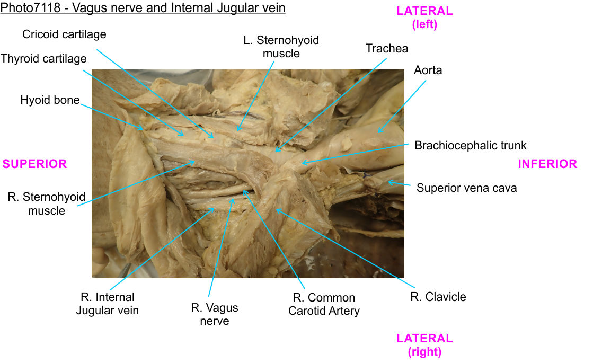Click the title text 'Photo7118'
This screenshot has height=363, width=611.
[x=26, y=8]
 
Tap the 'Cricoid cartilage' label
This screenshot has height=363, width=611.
[x=64, y=34]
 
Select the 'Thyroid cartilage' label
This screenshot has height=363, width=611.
[x=43, y=58]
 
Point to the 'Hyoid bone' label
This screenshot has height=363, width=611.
[x=50, y=100]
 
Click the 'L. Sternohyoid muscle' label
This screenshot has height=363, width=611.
[x=281, y=47]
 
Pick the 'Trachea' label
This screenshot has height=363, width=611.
[x=387, y=49]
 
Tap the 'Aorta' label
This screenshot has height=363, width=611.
[x=428, y=70]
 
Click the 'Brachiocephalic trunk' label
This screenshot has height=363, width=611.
[x=471, y=145]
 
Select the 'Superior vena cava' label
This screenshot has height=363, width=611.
[x=466, y=188]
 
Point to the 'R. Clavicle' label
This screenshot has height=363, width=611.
[x=438, y=297]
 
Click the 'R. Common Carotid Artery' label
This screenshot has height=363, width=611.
[x=324, y=304]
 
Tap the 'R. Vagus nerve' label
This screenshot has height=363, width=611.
[x=215, y=314]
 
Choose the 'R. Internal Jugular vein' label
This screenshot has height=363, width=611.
[x=108, y=304]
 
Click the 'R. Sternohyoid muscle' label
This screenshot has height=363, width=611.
[x=47, y=203]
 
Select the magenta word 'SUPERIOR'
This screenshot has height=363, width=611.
[x=34, y=164]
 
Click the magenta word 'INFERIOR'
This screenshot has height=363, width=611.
[x=547, y=164]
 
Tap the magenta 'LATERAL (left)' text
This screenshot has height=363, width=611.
[x=424, y=17]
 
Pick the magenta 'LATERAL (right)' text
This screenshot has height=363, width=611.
[x=424, y=344]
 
